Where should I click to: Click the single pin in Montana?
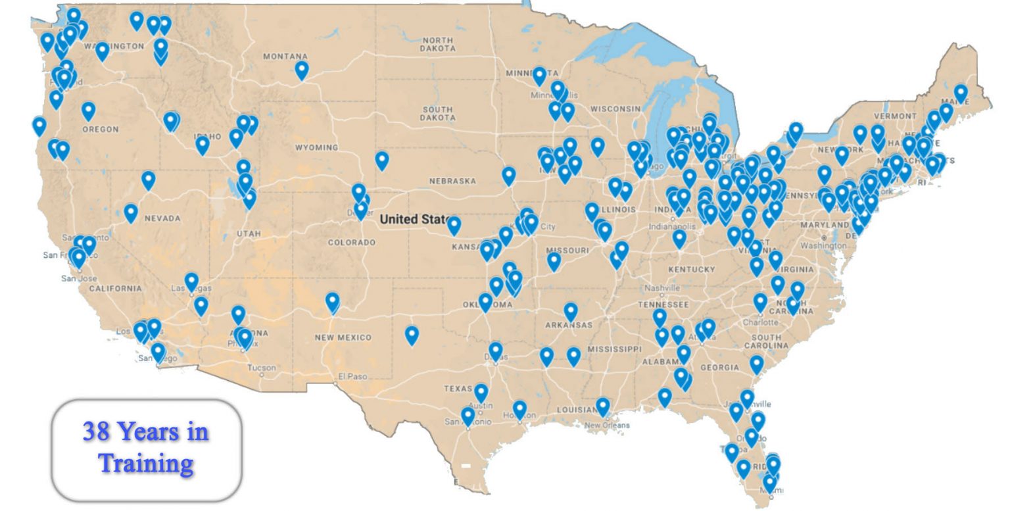tap(301, 69)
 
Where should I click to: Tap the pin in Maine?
tap(961, 93)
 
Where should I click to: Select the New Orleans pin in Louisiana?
tap(603, 406)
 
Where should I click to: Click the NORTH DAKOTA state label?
tap(437, 44)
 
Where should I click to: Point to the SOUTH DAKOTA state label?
tap(437, 113)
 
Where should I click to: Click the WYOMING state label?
tap(316, 147)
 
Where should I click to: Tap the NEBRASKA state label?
tap(452, 181)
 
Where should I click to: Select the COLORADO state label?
tap(352, 243)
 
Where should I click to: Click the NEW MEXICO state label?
tap(343, 337)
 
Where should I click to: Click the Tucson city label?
tap(262, 368)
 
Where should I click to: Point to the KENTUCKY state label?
tap(691, 270)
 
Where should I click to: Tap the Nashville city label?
tap(662, 288)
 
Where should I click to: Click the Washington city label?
tap(823, 245)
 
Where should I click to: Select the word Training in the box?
tap(146, 463)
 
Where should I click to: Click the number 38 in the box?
tap(96, 432)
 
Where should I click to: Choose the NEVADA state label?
tap(162, 218)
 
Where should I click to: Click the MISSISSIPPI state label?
tap(613, 349)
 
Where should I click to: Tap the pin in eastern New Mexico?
tap(412, 335)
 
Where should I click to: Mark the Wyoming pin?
tap(382, 160)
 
